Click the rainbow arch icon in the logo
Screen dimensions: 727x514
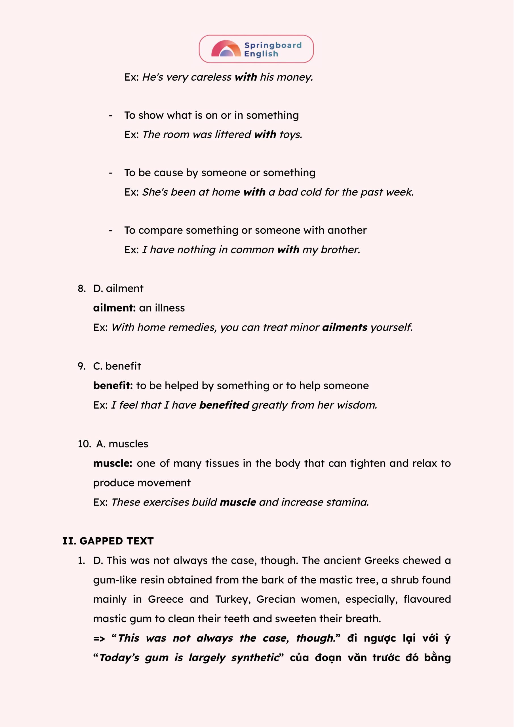point(226,49)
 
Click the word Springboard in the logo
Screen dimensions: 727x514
point(273,45)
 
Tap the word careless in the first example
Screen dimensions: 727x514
point(211,77)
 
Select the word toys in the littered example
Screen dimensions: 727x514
point(290,135)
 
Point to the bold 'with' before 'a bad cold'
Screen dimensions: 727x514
point(254,192)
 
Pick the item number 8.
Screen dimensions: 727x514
point(82,289)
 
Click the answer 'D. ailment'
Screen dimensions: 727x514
point(118,289)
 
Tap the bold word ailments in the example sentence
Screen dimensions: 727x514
point(345,327)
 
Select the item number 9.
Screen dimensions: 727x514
point(82,366)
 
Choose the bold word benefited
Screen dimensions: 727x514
point(224,405)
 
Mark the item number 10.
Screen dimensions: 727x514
point(84,444)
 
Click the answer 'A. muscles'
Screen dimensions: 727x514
point(122,444)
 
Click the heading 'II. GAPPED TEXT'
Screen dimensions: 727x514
point(108,541)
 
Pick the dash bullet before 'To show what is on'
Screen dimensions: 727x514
point(110,116)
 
